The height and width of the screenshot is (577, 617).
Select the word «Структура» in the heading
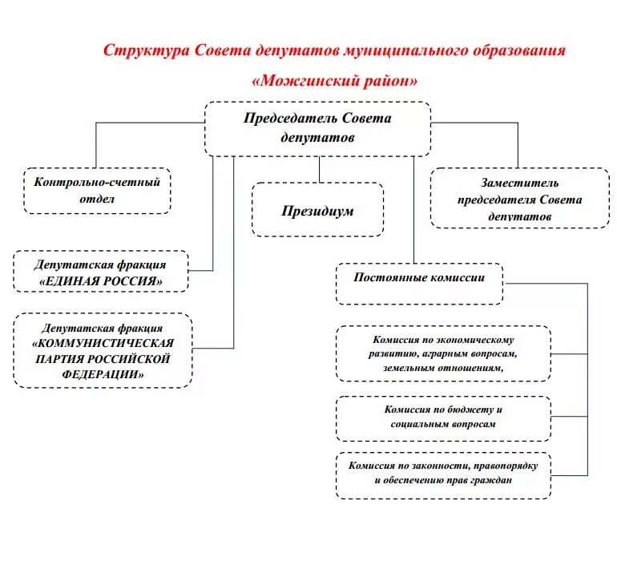tap(145, 50)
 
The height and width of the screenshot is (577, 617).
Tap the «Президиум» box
tap(317, 210)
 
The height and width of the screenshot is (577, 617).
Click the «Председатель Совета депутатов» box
tap(317, 128)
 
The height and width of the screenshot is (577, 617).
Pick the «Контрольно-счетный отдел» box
tap(97, 190)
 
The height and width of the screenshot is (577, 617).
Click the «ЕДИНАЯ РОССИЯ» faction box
tap(100, 272)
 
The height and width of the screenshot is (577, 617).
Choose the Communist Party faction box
tap(103, 351)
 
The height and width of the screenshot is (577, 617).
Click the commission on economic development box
tap(443, 353)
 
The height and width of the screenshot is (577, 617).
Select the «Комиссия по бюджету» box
tap(443, 418)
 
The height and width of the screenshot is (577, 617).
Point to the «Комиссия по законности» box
tap(443, 475)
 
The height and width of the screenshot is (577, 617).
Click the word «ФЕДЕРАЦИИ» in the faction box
tap(103, 375)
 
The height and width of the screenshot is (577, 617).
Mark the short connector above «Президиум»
tap(319, 169)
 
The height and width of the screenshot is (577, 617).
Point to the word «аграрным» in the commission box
tap(444, 353)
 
